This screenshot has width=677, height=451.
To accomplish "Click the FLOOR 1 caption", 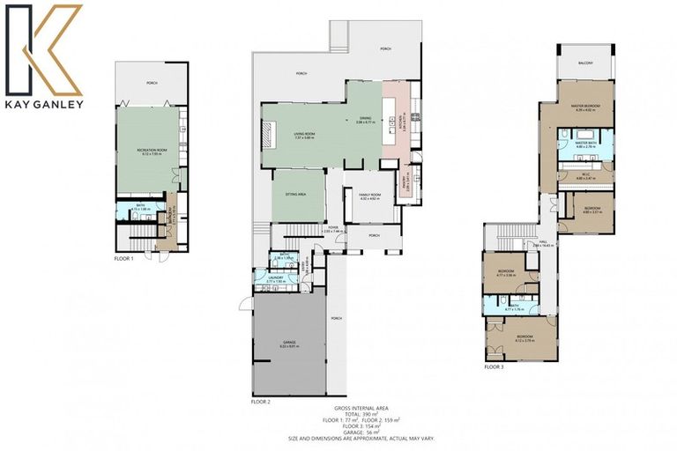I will click(x=124, y=259).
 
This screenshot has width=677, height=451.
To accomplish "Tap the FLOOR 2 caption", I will click(x=261, y=401).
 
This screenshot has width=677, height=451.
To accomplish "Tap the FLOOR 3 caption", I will click(x=494, y=366).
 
